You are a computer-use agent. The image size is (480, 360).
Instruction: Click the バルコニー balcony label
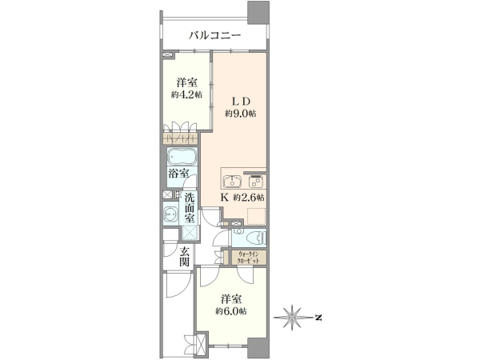click(214, 35)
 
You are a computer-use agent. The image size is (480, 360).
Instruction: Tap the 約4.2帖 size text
click(186, 94)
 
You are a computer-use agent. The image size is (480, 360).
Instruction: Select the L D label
click(240, 102)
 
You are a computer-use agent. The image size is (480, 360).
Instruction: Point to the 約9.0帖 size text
click(241, 114)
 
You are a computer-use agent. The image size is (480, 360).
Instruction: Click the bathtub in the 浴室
click(182, 158)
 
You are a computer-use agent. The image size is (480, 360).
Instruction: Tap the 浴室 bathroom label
click(178, 174)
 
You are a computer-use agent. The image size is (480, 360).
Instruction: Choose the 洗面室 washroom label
click(190, 208)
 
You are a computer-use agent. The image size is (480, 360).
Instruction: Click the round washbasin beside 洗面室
click(170, 214)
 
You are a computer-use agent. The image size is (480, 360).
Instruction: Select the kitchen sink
click(232, 182)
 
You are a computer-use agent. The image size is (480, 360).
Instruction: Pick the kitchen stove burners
click(255, 182)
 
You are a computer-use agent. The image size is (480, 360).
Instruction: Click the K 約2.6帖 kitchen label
click(242, 198)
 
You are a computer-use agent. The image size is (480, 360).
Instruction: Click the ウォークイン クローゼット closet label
click(249, 258)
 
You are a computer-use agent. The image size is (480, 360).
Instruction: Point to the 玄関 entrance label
click(185, 257)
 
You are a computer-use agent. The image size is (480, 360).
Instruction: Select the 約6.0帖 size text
click(231, 311)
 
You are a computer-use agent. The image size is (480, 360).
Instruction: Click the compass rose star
click(292, 318)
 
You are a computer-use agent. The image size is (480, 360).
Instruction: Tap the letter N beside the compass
click(318, 318)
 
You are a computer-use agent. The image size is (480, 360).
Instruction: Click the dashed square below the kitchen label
click(256, 217)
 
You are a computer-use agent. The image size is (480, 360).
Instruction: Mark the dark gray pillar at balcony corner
click(258, 12)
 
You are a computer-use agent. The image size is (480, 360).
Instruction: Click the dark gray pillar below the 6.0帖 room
click(258, 348)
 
